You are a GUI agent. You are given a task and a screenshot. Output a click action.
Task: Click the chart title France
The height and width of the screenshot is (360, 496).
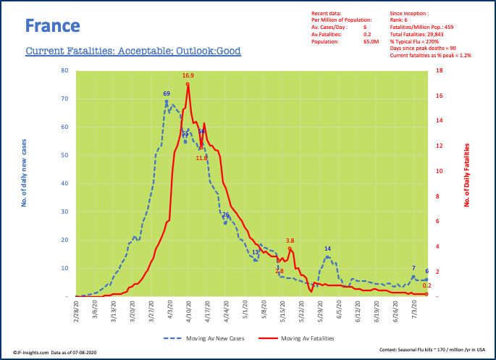[x=52, y=26]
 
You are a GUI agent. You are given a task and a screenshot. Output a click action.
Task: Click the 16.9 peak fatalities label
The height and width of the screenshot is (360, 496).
[x=188, y=75]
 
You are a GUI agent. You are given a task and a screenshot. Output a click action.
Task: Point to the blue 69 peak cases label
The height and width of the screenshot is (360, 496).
[x=167, y=94]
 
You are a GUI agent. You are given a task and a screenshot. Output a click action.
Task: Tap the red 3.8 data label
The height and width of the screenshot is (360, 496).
[x=290, y=240]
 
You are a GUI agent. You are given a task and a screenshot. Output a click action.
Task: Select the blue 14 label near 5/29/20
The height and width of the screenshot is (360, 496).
[x=327, y=248]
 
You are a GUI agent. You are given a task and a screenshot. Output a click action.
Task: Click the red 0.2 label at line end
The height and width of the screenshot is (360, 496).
[x=427, y=285]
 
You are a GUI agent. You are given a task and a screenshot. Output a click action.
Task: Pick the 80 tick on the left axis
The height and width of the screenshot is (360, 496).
[x=64, y=71]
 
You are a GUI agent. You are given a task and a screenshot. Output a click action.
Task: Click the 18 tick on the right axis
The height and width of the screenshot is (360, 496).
[x=440, y=71]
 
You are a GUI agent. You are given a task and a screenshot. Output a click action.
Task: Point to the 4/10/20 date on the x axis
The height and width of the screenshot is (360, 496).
[x=188, y=311]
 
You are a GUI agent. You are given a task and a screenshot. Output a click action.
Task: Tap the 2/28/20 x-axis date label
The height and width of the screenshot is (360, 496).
[x=75, y=311]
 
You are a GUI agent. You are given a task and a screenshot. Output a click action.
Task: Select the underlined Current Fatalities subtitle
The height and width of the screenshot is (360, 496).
[x=133, y=51]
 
